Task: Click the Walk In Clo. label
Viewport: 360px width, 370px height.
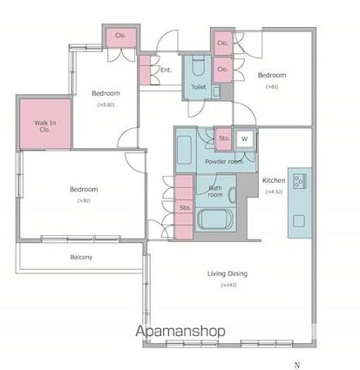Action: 45,127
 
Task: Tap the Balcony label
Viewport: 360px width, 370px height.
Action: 81,257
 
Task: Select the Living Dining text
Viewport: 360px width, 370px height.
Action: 227,274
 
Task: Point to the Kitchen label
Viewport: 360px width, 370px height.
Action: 274,180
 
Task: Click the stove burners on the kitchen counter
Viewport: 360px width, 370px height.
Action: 299,181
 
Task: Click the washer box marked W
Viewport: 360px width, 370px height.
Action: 245,138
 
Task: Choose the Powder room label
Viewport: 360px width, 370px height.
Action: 222,162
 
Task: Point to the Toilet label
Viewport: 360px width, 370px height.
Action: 199,87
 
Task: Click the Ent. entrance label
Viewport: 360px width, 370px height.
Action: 166,71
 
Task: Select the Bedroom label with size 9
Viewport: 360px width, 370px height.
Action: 85,189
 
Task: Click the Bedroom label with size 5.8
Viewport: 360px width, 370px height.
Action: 105,93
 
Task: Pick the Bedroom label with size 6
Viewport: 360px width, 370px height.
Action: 271,76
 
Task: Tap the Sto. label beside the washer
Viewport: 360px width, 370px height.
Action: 223,138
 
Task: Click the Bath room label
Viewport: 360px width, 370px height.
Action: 214,192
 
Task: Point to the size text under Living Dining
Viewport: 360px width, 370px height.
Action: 227,286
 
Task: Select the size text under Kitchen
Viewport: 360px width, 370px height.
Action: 274,191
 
